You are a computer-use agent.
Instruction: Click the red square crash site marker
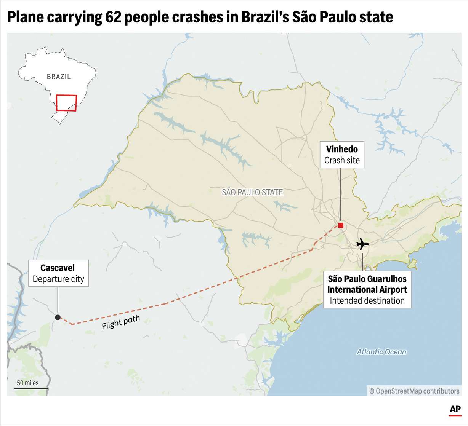(x=341, y=225)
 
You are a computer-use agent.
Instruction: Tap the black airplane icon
(x=362, y=244)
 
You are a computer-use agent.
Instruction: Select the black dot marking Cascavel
(x=58, y=317)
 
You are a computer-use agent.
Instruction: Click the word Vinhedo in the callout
(x=342, y=149)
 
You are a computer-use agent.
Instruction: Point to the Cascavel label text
(x=58, y=268)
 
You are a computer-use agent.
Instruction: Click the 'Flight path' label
(x=121, y=322)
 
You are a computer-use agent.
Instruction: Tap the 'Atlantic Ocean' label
(x=381, y=352)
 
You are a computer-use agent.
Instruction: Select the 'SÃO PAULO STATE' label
(x=252, y=192)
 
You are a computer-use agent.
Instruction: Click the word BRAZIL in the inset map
(x=59, y=77)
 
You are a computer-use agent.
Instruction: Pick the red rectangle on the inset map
(x=66, y=103)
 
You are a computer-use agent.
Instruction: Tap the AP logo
(x=455, y=410)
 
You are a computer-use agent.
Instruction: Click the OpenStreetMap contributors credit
(x=414, y=391)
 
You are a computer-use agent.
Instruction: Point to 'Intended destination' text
(x=367, y=301)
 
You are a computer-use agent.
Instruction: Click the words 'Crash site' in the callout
(x=342, y=161)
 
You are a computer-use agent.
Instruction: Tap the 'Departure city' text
(x=58, y=279)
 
